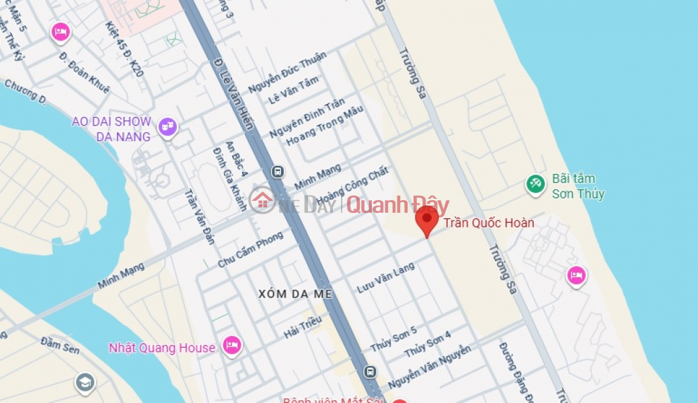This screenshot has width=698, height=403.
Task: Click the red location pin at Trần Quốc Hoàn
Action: (x=426, y=220)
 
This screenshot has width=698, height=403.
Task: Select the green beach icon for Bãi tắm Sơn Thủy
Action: (x=535, y=184)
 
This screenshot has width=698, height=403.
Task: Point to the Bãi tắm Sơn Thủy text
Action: (x=578, y=187)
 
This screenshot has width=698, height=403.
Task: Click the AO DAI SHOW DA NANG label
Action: (x=112, y=129)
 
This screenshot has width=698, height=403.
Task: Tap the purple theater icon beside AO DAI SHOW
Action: (x=167, y=126)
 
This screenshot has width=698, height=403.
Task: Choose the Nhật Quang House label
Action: (x=161, y=347)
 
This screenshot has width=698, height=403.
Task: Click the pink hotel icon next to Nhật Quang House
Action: (x=232, y=345)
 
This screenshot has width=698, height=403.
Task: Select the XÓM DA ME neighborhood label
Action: (x=296, y=294)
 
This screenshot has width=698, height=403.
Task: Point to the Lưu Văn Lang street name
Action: (x=385, y=277)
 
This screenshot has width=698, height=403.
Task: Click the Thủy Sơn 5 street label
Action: (x=393, y=339)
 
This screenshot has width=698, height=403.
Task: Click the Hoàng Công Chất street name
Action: (x=352, y=187)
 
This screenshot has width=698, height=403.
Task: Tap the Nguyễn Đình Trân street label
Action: (x=307, y=118)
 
